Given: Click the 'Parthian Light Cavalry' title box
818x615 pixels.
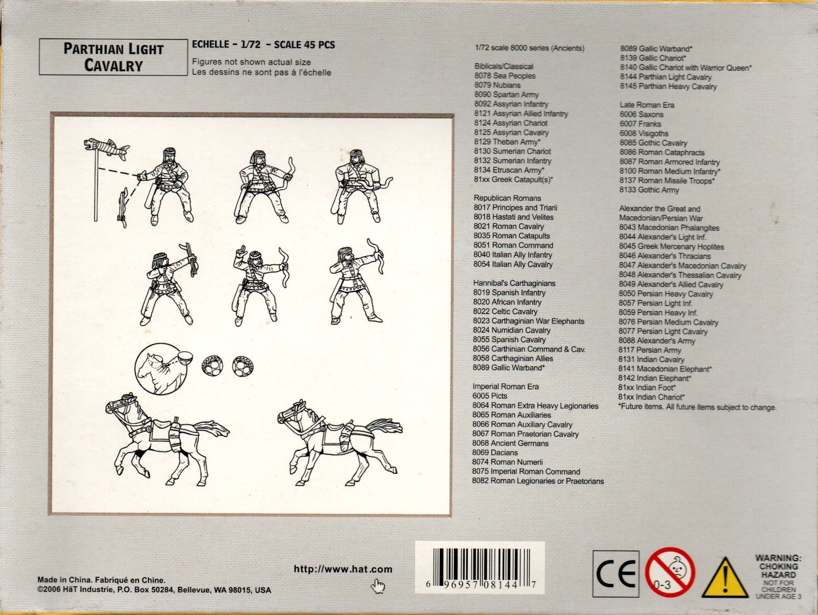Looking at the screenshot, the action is pyautogui.click(x=113, y=57).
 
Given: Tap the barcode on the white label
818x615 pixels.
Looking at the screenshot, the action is pyautogui.click(x=480, y=564).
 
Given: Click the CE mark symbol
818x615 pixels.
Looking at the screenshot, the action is pyautogui.click(x=616, y=574).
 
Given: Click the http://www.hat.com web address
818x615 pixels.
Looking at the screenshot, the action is pyautogui.click(x=343, y=569).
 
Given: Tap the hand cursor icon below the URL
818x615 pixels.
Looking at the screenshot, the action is pyautogui.click(x=377, y=586).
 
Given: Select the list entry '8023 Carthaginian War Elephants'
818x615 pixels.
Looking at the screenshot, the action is pyautogui.click(x=529, y=321).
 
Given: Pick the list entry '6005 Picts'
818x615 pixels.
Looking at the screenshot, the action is pyautogui.click(x=490, y=396).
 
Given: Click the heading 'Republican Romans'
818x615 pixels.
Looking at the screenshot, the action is pyautogui.click(x=507, y=198).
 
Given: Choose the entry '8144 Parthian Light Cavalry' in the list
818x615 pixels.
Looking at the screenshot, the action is pyautogui.click(x=666, y=77).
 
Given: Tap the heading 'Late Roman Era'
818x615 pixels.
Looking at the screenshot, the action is pyautogui.click(x=647, y=105).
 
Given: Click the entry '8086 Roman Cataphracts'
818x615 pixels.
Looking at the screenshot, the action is pyautogui.click(x=662, y=152).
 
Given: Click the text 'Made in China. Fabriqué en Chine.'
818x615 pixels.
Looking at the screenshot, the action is pyautogui.click(x=101, y=580).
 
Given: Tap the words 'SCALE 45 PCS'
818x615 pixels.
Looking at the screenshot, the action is pyautogui.click(x=305, y=44).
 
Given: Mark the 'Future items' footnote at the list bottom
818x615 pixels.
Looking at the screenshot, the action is pyautogui.click(x=697, y=407).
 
